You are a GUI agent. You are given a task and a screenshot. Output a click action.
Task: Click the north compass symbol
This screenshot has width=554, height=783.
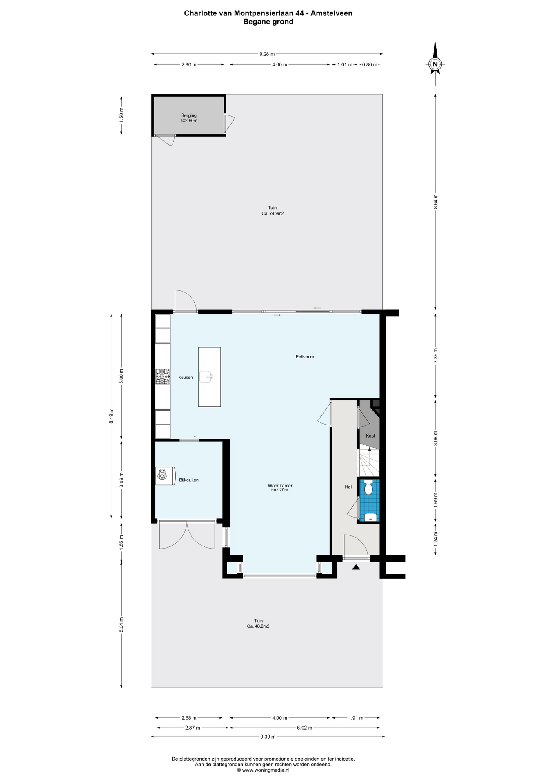coord(435,64)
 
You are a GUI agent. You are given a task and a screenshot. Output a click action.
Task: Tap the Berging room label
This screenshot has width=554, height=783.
coord(189,116)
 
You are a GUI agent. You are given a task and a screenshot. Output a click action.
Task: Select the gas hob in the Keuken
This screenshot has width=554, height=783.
coord(163,377)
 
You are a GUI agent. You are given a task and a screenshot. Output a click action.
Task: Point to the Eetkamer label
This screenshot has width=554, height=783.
coord(305,357)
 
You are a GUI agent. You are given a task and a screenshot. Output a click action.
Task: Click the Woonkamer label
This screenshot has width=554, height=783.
coord(280,486)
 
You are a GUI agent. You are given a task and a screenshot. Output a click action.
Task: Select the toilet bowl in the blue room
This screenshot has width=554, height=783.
coord(369,488)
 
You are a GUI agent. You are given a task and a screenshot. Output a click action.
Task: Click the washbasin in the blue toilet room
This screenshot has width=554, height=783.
coord(370,518)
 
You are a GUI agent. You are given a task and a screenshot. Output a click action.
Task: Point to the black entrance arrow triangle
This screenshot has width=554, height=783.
coord(356,567)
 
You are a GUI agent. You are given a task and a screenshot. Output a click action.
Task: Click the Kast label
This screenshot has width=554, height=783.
coord(370,436)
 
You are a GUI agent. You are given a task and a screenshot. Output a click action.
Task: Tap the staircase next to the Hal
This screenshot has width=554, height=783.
coord(369,462)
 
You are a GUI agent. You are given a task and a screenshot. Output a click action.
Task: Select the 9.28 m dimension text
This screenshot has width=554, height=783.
coord(267,54)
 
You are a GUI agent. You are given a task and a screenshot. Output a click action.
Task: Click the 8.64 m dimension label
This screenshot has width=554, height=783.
coord(435,202)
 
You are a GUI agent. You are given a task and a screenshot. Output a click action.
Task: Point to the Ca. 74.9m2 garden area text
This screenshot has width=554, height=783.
coord(272,213)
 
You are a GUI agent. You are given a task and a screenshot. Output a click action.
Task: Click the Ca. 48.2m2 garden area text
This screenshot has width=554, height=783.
coord(258,626)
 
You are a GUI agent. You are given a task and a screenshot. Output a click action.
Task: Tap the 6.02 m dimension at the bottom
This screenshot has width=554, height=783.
coord(304,728)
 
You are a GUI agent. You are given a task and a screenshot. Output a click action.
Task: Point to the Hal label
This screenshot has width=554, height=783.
coord(348,487)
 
